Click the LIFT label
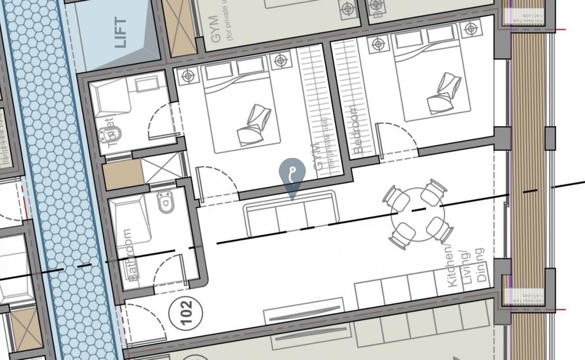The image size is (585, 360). (121, 32)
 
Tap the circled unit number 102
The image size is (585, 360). (186, 311)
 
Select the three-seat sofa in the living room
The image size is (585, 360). (290, 214)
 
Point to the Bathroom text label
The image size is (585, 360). (130, 255)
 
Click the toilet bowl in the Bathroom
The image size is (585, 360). (166, 202)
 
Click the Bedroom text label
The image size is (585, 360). (358, 130)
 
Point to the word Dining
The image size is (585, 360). (481, 265)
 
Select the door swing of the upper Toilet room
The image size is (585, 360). (162, 119)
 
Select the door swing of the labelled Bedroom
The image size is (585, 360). (396, 137)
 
